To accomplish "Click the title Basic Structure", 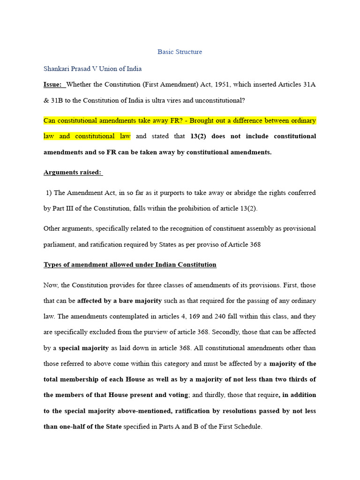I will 180,52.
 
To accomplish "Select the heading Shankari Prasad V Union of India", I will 92,68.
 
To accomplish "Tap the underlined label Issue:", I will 52,84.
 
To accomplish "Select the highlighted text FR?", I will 177,120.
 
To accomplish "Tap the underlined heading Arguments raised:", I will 73,172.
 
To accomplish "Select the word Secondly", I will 225,332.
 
